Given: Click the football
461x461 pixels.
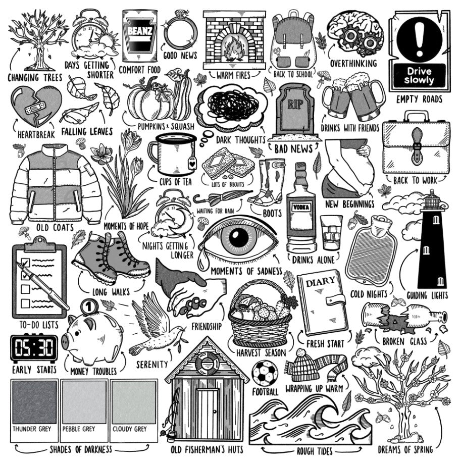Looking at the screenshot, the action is (x=265, y=373).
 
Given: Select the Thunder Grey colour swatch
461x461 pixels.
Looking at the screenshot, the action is (x=35, y=402).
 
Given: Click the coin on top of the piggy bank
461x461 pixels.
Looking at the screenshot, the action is (x=89, y=306).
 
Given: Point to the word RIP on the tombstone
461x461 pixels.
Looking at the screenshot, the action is (x=294, y=104).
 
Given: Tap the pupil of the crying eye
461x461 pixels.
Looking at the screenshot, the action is (x=238, y=237).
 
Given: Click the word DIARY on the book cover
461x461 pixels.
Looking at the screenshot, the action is (x=320, y=282).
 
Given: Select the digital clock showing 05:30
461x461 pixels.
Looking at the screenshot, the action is (x=34, y=348).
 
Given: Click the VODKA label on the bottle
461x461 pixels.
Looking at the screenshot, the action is (x=301, y=208).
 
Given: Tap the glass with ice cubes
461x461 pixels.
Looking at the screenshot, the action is (x=331, y=233).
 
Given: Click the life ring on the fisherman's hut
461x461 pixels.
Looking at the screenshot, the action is (x=207, y=363).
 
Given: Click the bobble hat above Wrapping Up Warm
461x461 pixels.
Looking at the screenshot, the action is (x=305, y=366).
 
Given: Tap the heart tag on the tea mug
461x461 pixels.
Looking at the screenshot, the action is (x=192, y=163).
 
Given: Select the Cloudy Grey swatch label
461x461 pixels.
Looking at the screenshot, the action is (x=129, y=429).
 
